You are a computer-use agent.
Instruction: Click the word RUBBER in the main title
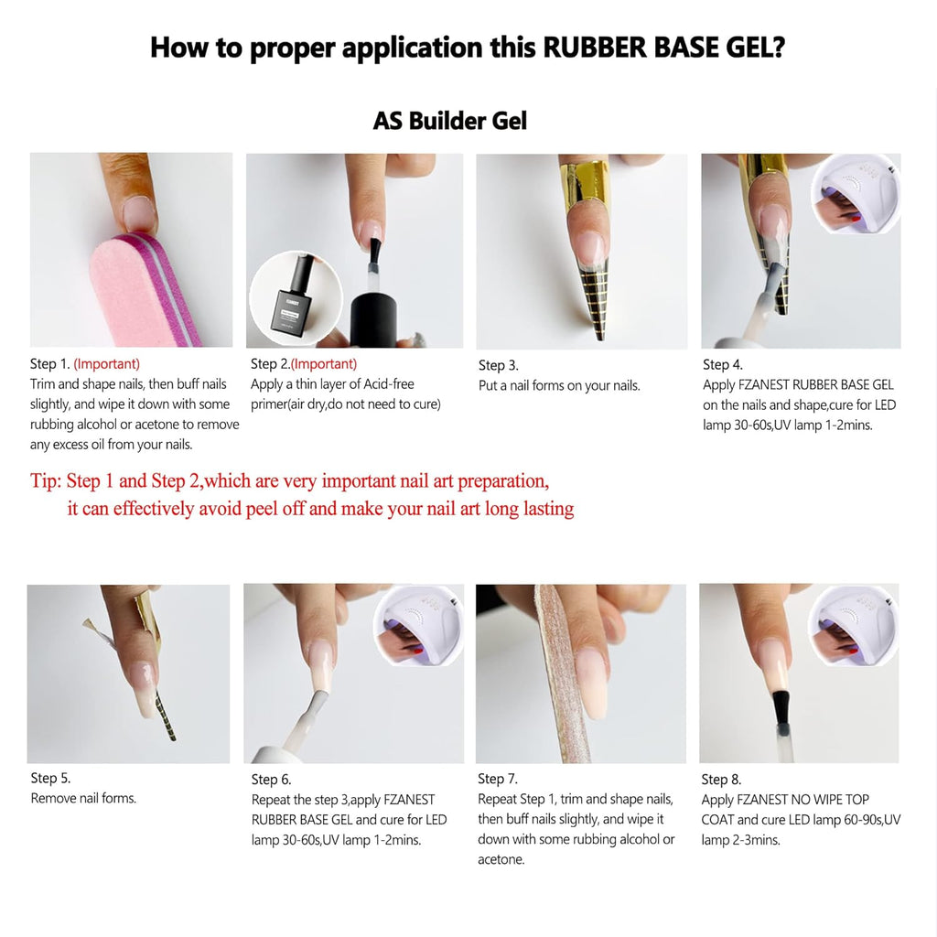pyautogui.click(x=596, y=48)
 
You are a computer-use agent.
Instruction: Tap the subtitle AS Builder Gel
pyautogui.click(x=449, y=121)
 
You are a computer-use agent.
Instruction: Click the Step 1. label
pyautogui.click(x=49, y=364)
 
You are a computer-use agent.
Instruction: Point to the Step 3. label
pyautogui.click(x=498, y=365)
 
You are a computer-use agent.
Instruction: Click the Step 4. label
pyautogui.click(x=722, y=365)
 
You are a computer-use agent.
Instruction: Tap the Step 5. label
pyautogui.click(x=50, y=778)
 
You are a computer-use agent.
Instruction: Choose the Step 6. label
pyautogui.click(x=271, y=779)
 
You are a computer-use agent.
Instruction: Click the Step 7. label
pyautogui.click(x=497, y=779)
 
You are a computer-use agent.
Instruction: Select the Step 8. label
pyautogui.click(x=721, y=779)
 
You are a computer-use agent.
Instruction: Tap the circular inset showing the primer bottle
pyautogui.click(x=295, y=298)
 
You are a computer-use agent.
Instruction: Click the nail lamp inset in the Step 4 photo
pyautogui.click(x=856, y=194)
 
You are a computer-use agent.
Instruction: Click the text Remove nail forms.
pyautogui.click(x=83, y=798)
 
